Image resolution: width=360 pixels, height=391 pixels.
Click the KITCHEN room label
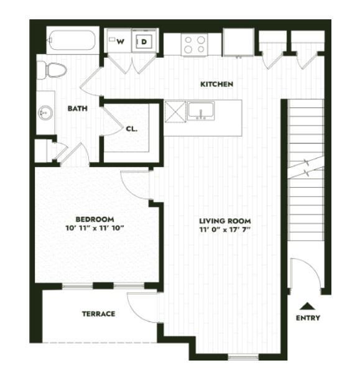tap(216, 84)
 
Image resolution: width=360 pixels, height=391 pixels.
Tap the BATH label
tap(77, 108)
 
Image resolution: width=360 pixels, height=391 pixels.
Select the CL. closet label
tap(131, 129)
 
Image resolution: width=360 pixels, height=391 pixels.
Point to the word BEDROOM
tap(95, 219)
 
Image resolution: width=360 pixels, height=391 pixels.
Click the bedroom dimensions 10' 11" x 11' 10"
tap(95, 228)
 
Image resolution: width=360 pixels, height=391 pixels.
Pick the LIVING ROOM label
tap(224, 221)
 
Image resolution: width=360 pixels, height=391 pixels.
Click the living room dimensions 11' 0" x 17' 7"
tap(224, 230)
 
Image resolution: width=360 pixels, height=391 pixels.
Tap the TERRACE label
tap(98, 314)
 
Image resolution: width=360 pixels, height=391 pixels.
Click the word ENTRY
tap(308, 318)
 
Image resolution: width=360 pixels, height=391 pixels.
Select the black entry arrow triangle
tap(307, 306)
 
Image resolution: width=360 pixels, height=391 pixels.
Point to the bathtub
tap(72, 42)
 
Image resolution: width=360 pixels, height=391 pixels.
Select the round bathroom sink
tap(45, 113)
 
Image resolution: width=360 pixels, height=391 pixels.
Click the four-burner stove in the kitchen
tap(194, 44)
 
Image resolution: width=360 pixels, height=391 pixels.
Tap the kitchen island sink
tap(201, 111)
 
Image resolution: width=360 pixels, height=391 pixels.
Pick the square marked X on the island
tap(175, 111)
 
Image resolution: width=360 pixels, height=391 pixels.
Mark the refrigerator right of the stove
tap(238, 43)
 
